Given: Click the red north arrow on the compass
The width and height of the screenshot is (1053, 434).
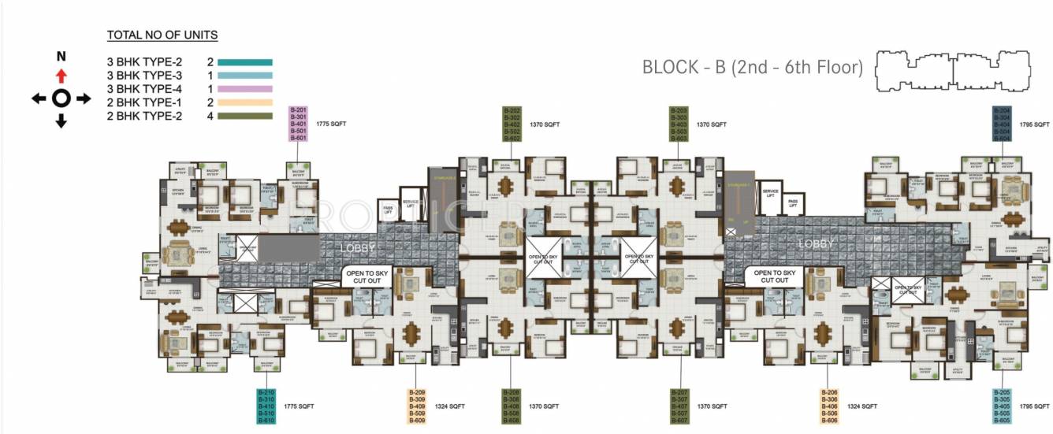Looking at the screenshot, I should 61,76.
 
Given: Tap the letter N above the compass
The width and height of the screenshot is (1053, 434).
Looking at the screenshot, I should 61,57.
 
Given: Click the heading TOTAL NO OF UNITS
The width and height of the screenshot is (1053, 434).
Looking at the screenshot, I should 162,35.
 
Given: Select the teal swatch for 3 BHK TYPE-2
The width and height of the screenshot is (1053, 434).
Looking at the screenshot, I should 244,61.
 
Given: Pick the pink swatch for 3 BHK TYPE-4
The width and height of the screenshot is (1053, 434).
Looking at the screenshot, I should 244,89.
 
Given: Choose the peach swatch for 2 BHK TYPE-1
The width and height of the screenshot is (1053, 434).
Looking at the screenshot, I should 244,102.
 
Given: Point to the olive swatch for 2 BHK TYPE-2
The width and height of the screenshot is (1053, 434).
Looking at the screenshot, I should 244,117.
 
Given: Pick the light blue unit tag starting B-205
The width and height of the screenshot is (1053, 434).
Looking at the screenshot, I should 1002,406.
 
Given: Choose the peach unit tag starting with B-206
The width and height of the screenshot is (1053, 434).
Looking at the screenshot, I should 828,406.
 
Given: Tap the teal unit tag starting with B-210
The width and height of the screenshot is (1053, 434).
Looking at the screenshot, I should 266,406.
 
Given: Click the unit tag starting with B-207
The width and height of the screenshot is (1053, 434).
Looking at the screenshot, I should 679,406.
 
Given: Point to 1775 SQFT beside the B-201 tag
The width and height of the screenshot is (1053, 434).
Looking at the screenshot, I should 331,124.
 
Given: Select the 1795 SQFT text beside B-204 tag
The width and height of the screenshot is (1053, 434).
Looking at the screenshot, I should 1035,124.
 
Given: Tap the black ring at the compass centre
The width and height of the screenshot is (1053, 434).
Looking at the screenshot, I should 61,98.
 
